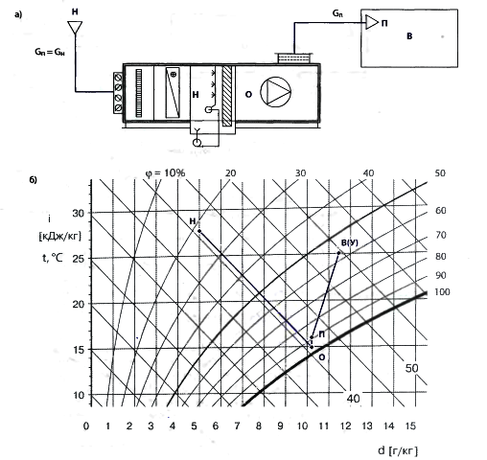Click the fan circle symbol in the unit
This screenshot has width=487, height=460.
pyautogui.click(x=275, y=92)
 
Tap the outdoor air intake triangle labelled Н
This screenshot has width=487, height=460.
pyautogui.click(x=75, y=28)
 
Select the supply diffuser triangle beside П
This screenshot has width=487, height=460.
pyautogui.click(x=372, y=22)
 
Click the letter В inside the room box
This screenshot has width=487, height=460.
pyautogui.click(x=409, y=36)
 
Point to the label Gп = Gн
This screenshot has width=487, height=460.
pyautogui.click(x=50, y=52)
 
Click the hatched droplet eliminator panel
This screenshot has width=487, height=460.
pyautogui.click(x=227, y=96)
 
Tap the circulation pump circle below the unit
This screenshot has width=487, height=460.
pyautogui.click(x=197, y=143)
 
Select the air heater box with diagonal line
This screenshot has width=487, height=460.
pyautogui.click(x=173, y=93)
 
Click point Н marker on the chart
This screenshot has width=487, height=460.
pyautogui.click(x=199, y=231)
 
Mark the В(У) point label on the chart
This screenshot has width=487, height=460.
pyautogui.click(x=350, y=242)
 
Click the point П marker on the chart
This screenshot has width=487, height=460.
pyautogui.click(x=312, y=337)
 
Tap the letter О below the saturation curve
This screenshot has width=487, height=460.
pyautogui.click(x=322, y=357)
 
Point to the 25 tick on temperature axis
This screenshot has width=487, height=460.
pyautogui.click(x=79, y=259)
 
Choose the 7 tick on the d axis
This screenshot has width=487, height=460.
pyautogui.click(x=237, y=425)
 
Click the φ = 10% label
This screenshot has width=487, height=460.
pyautogui.click(x=165, y=172)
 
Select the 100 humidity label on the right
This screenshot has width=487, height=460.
pyautogui.click(x=442, y=292)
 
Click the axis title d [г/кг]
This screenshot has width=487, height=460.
pyautogui.click(x=398, y=450)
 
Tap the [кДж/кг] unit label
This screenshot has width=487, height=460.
pyautogui.click(x=59, y=237)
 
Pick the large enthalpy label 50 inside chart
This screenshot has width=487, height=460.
pyautogui.click(x=411, y=368)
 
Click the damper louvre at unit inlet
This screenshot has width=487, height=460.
pyautogui.click(x=118, y=93)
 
